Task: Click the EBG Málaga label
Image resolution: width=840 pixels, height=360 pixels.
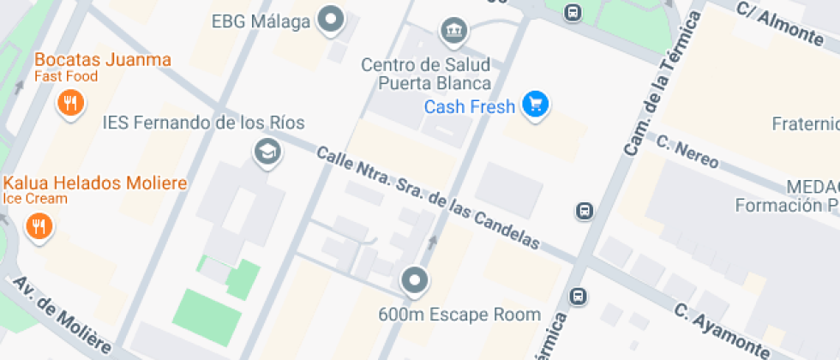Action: (x=261, y=21)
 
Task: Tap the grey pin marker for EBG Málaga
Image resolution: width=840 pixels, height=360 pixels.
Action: (x=330, y=18)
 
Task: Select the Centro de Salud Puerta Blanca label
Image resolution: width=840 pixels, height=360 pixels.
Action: (x=425, y=74)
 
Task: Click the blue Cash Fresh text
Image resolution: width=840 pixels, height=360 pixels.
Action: (x=471, y=107)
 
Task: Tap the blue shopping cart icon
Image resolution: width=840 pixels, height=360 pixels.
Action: (x=537, y=105)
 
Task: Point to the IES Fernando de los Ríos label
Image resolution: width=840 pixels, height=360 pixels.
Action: (x=203, y=123)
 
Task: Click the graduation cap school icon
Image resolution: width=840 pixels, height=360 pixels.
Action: (x=268, y=153)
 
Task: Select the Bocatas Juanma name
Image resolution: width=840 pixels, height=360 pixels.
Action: (x=103, y=60)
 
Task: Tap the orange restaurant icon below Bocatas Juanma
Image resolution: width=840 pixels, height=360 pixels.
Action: (x=70, y=105)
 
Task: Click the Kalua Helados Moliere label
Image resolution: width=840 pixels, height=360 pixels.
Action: (x=95, y=183)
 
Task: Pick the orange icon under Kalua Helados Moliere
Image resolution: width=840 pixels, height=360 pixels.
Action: (x=39, y=226)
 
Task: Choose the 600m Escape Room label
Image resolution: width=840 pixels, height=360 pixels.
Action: (x=459, y=315)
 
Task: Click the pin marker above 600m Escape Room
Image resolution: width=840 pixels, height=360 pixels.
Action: (x=416, y=279)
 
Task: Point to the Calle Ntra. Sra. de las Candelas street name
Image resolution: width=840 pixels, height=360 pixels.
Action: (x=428, y=198)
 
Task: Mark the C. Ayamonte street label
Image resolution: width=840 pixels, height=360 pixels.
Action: (x=721, y=330)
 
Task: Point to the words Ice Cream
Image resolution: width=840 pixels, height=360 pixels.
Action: (x=35, y=199)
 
